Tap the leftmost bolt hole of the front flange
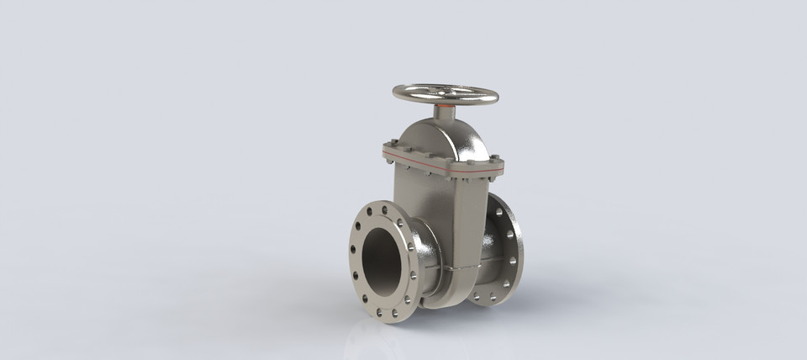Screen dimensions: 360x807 pos(352,249)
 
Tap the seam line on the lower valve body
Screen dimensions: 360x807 pos(458,268)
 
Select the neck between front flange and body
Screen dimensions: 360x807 pos(425,261)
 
